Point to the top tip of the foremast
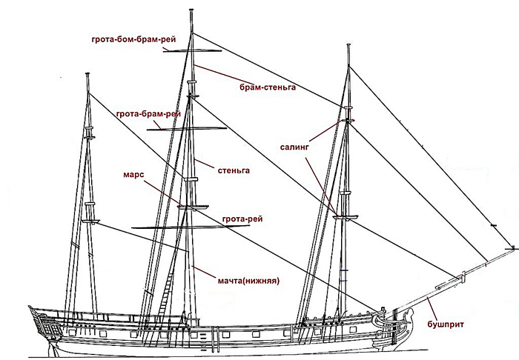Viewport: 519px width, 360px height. pyautogui.click(x=348, y=45)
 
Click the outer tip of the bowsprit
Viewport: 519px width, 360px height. pyautogui.click(x=509, y=247)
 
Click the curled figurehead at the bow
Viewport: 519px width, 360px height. pyautogui.click(x=382, y=319)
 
